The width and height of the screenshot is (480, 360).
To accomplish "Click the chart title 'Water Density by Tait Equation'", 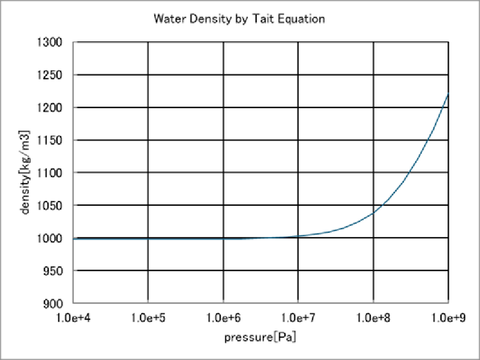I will pyautogui.click(x=239, y=19).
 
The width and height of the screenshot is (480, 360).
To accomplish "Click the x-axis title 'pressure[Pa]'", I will pyautogui.click(x=260, y=337).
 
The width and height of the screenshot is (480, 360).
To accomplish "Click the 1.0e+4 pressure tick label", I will pyautogui.click(x=73, y=317).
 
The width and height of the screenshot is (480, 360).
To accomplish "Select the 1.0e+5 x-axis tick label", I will pyautogui.click(x=148, y=317).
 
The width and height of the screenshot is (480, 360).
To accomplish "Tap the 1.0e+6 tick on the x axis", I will pyautogui.click(x=223, y=317).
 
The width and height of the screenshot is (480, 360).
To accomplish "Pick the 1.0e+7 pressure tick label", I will pyautogui.click(x=298, y=317).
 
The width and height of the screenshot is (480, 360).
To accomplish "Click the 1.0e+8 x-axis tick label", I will pyautogui.click(x=373, y=317).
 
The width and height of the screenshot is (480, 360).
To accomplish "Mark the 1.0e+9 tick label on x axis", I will pyautogui.click(x=448, y=317).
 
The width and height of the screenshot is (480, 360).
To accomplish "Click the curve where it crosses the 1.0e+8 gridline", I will pyautogui.click(x=373, y=213).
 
